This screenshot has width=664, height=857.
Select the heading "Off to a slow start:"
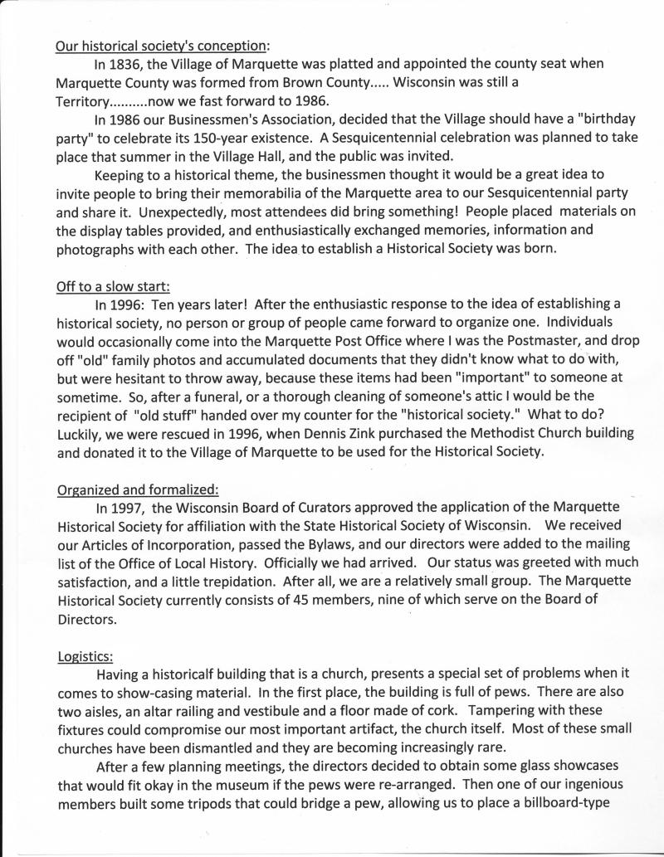pyautogui.click(x=113, y=287)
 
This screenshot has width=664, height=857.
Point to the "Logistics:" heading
pyautogui.click(x=84, y=657)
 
